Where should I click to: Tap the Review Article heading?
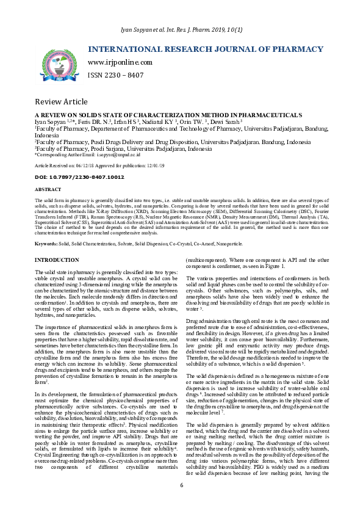(x=61, y=101)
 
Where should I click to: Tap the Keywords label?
(x=46, y=244)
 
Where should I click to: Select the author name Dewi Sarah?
(x=225, y=122)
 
